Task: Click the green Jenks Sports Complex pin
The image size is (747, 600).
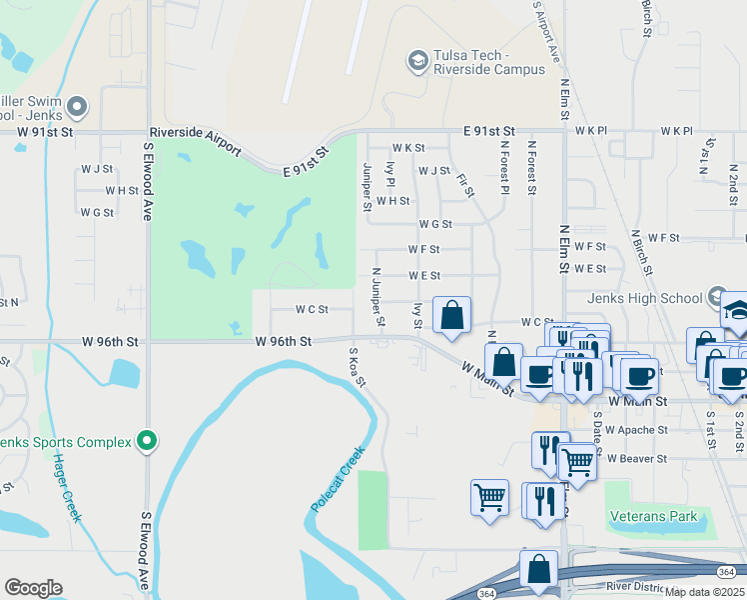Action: (148, 440)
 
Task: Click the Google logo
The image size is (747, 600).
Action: (33, 588)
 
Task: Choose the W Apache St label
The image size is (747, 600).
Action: (637, 430)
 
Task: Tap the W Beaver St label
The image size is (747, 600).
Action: (636, 458)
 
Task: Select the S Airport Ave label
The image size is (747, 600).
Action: (546, 30)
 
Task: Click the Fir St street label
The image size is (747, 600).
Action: (462, 184)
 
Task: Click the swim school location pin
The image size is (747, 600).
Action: (79, 107)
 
